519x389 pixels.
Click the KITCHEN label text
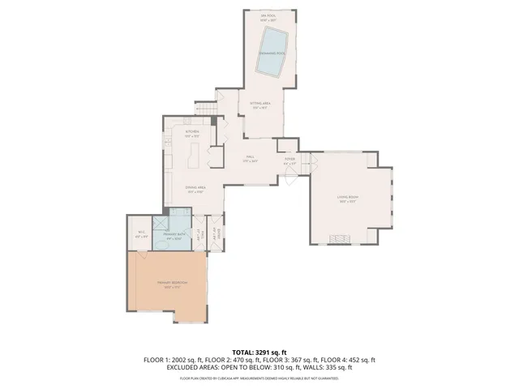click(192, 132)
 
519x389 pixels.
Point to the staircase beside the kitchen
click(206, 108)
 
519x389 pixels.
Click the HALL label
click(251, 158)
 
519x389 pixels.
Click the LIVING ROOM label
click(348, 198)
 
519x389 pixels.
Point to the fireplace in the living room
click(337, 238)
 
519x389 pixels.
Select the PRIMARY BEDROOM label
click(172, 283)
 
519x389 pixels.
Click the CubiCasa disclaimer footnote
click(259, 378)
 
